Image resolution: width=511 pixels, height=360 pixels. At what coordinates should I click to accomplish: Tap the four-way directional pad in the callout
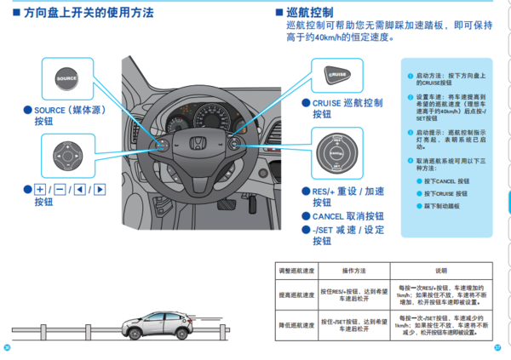(x=66, y=156)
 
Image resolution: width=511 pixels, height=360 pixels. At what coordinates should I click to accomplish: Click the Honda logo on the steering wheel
(x=194, y=144)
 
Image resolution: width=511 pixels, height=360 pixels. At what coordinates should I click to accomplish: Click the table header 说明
(x=440, y=271)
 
